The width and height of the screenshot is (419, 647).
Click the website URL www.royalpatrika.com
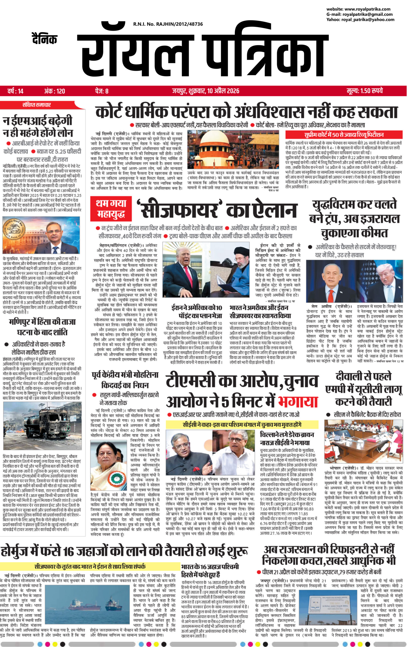(x=368, y=9)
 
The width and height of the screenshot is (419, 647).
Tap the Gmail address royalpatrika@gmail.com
(x=368, y=14)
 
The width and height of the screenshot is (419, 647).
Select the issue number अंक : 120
(x=54, y=91)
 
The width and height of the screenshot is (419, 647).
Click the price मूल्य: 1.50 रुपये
(x=365, y=91)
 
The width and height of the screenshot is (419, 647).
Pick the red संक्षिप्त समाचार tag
(x=36, y=105)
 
